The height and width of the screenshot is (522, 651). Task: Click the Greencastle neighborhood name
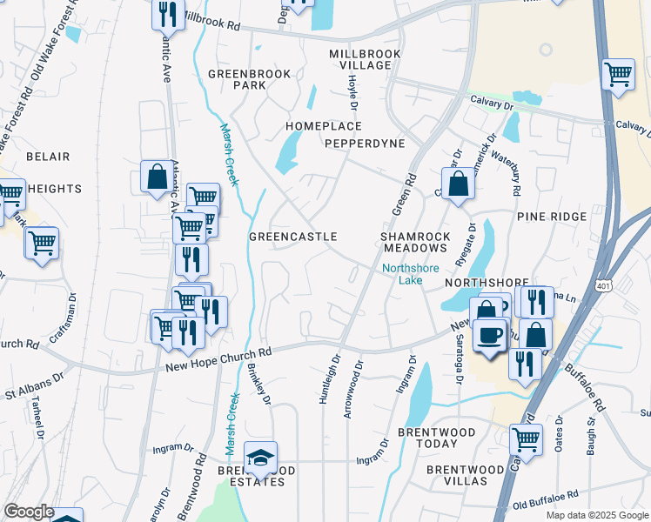pyautogui.click(x=293, y=237)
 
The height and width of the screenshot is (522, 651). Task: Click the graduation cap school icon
pyautogui.click(x=260, y=456)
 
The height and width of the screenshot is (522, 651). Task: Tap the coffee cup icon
pyautogui.click(x=491, y=334)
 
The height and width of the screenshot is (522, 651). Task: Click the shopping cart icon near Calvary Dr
pyautogui.click(x=618, y=75)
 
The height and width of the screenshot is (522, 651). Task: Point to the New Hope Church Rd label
pyautogui.click(x=218, y=356)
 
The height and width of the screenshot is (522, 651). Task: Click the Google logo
pyautogui.click(x=29, y=512)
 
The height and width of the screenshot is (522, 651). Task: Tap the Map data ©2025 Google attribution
pyautogui.click(x=596, y=515)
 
